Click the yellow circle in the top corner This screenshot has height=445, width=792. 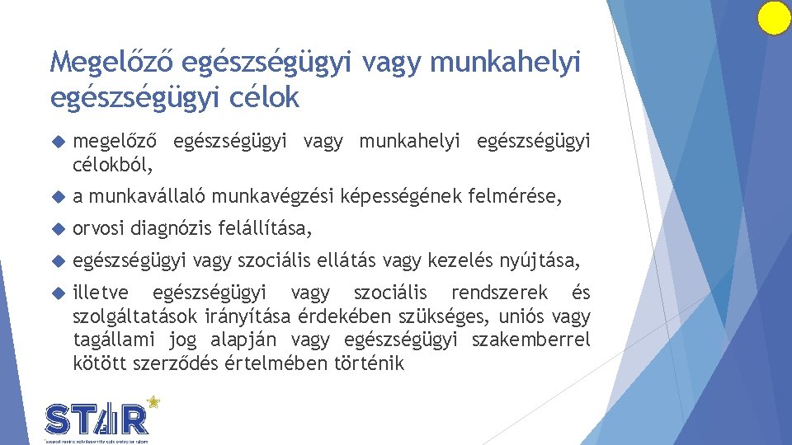(x=774, y=18)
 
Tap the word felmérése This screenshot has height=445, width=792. (x=515, y=197)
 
